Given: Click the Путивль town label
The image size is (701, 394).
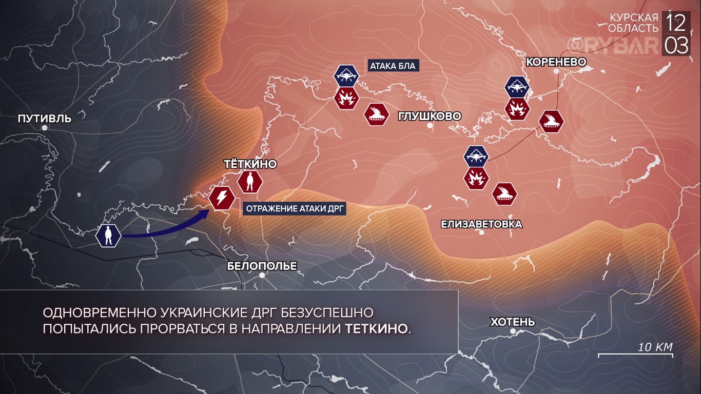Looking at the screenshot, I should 45,119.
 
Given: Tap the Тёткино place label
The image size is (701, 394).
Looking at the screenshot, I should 250,164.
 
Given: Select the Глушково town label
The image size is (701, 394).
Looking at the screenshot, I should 430,116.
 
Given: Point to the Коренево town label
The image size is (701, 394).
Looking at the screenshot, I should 556,62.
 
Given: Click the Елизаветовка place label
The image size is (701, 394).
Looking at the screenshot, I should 481,224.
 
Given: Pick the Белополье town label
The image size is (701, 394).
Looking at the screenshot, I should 262,266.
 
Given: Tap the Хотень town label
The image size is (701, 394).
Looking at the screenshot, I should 513,322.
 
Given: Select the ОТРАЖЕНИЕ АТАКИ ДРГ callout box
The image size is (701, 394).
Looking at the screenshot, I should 295,208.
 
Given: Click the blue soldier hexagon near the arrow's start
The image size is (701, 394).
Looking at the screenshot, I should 108,235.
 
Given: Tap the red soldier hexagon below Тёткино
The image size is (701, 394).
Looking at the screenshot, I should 250,181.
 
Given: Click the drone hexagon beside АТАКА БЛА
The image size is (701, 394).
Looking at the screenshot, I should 346,75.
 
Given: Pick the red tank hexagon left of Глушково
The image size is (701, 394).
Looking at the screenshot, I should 376,114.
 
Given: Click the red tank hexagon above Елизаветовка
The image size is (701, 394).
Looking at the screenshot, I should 504,193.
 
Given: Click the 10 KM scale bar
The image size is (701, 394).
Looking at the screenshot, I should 635,354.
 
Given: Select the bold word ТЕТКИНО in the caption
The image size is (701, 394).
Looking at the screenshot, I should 377,328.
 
